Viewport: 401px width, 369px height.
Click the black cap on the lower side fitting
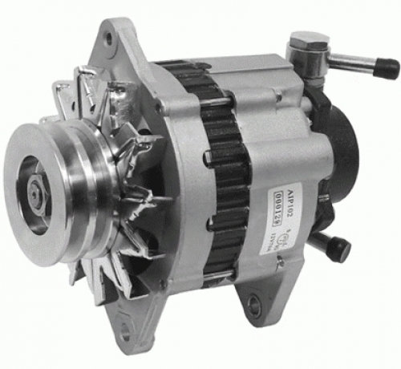tap(342, 245)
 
